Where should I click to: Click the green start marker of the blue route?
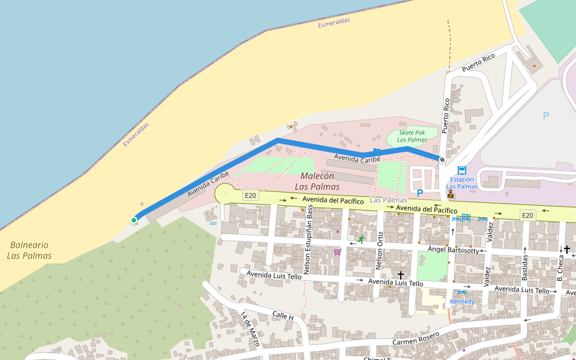[134, 220]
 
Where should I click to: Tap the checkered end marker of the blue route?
[442, 160]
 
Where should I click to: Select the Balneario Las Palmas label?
[29, 250]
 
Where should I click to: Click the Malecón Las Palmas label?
[317, 181]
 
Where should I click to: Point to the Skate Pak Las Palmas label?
[412, 136]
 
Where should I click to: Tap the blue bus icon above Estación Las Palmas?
[461, 170]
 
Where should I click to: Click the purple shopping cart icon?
[337, 252]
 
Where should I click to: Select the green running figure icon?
[361, 239]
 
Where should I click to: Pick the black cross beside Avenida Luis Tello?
[401, 275]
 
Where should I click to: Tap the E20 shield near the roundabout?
[250, 196]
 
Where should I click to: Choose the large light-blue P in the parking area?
[545, 116]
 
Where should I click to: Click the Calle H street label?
[283, 316]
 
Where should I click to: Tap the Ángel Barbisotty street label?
[453, 250]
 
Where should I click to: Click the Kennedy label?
[462, 301]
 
